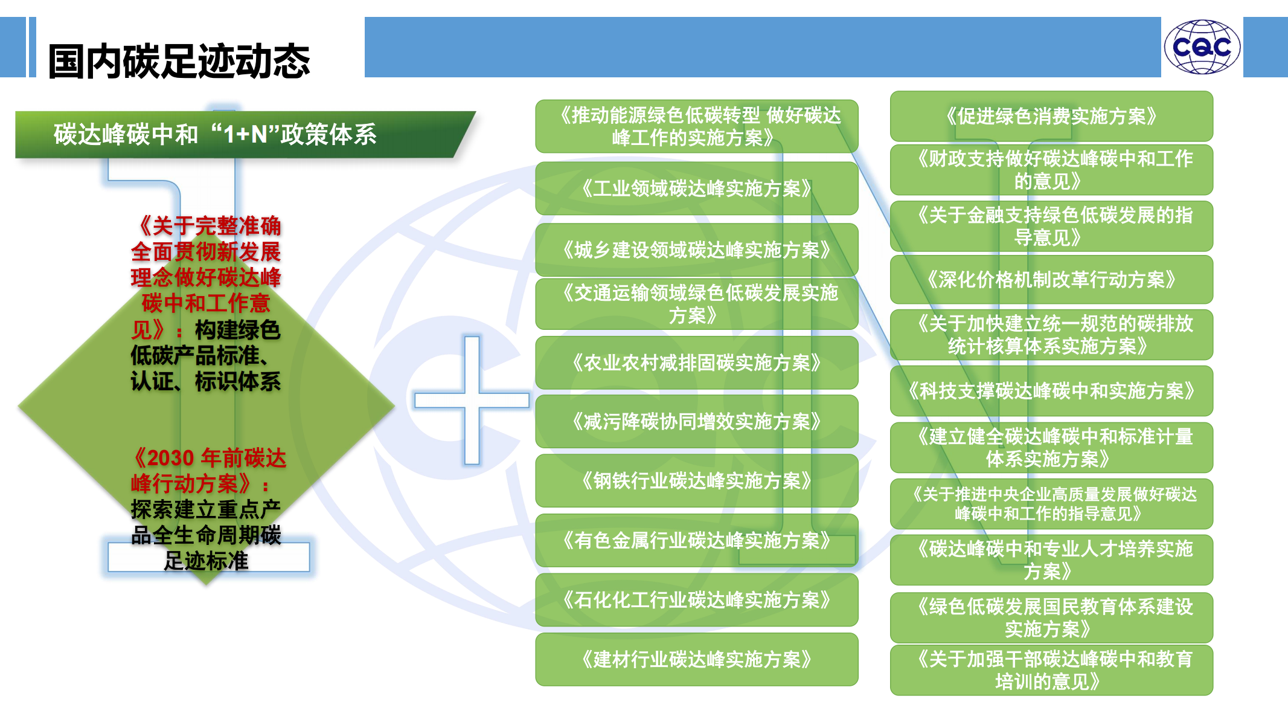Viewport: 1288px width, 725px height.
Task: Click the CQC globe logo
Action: [x=1202, y=47]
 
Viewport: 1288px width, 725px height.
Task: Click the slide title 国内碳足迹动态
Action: [x=179, y=61]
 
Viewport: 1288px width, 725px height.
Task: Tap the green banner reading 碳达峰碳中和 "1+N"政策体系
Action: [x=245, y=134]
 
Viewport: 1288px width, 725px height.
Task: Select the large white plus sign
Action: [x=472, y=400]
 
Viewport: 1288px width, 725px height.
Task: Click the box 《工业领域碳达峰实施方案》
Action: [x=696, y=188]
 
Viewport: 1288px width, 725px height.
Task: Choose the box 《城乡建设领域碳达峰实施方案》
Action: [x=696, y=250]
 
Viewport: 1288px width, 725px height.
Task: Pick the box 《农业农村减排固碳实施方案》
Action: [x=696, y=362]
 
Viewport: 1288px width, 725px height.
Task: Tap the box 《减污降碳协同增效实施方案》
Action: [x=696, y=421]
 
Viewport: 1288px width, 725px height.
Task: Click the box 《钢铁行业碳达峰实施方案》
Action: [x=696, y=480]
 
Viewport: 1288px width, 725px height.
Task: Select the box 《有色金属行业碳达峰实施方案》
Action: [x=696, y=540]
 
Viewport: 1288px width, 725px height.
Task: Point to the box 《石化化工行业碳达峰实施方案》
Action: [x=696, y=599]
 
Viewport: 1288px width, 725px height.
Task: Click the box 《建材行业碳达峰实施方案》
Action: [x=696, y=659]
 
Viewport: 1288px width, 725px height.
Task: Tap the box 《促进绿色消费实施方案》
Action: [x=1051, y=116]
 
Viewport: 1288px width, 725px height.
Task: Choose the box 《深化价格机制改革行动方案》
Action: [x=1051, y=279]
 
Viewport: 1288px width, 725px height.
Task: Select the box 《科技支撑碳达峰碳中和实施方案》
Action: [x=1051, y=391]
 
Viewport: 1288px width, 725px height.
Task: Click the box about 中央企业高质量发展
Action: [x=1051, y=504]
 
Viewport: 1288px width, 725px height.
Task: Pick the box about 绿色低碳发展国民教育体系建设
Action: [x=1051, y=617]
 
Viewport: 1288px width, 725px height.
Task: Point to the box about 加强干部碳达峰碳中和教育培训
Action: [x=1051, y=670]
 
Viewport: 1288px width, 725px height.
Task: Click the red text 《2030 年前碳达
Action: [x=209, y=458]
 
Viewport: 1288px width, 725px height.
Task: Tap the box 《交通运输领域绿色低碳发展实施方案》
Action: [x=696, y=303]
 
